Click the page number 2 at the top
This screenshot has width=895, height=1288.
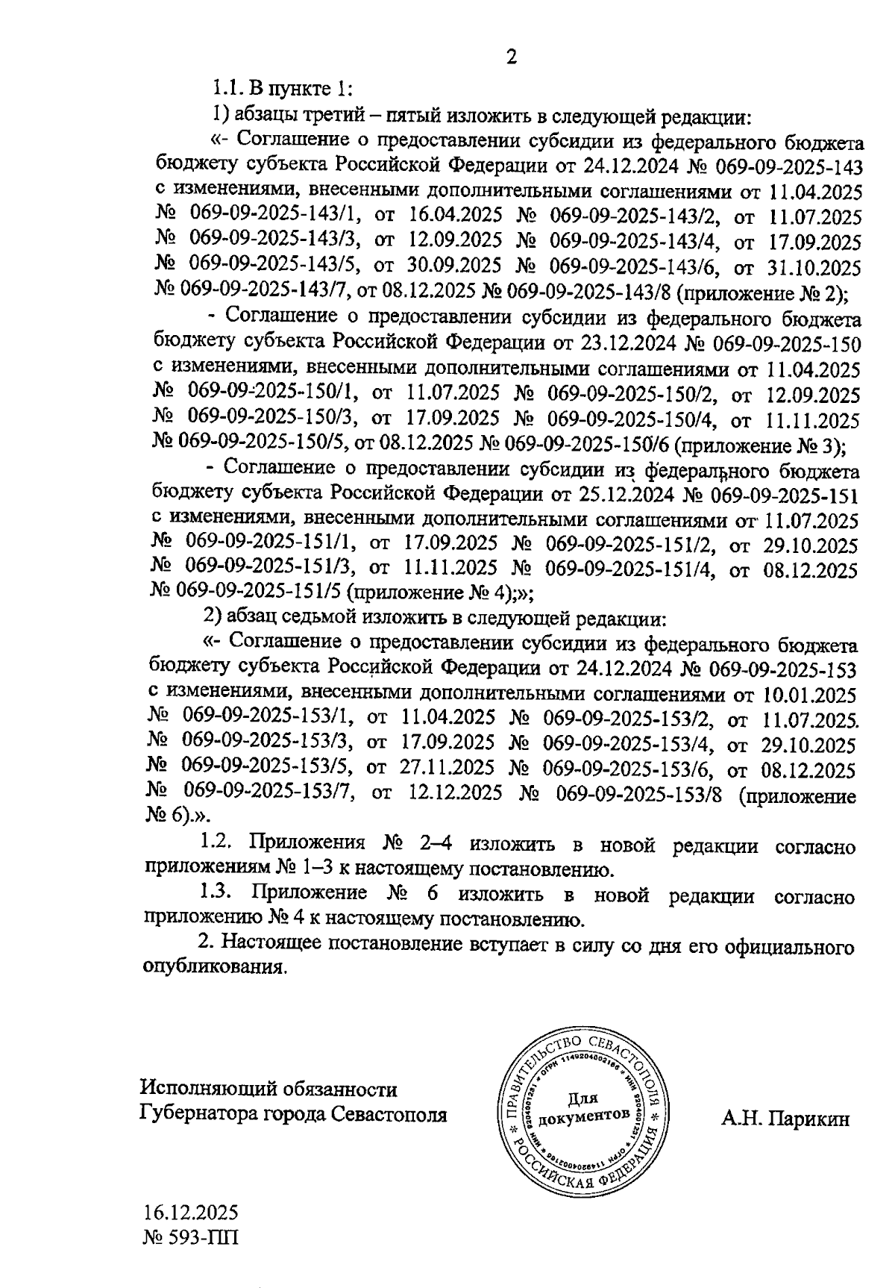point(511,57)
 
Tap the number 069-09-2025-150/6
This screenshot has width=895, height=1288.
point(587,446)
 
